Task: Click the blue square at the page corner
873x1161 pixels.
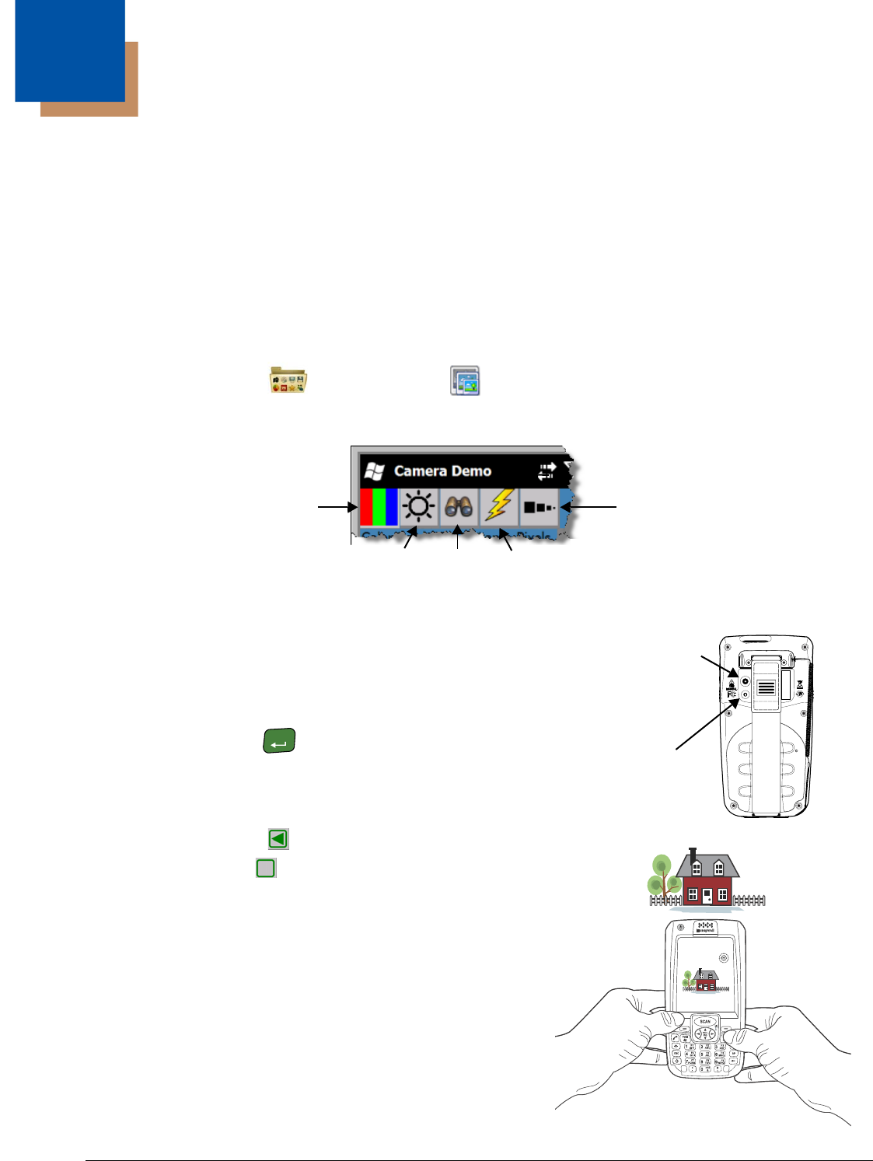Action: click(69, 50)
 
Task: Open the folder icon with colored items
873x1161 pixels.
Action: click(288, 379)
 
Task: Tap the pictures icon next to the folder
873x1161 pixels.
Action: click(465, 381)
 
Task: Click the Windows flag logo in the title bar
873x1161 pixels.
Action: click(375, 471)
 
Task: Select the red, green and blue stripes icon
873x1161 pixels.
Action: click(379, 507)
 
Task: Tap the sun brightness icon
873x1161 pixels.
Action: click(419, 507)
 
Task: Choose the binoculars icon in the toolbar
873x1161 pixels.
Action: click(459, 507)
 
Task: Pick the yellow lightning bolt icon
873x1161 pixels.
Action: click(499, 505)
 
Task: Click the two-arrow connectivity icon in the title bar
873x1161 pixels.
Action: click(546, 471)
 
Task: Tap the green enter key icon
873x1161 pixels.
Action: click(279, 741)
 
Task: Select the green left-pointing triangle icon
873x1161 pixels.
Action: click(278, 838)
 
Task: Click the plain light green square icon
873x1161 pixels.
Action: click(266, 868)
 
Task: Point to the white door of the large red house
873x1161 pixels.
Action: click(707, 896)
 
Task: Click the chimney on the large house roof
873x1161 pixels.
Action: click(694, 854)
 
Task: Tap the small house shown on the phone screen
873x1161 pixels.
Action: click(704, 981)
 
